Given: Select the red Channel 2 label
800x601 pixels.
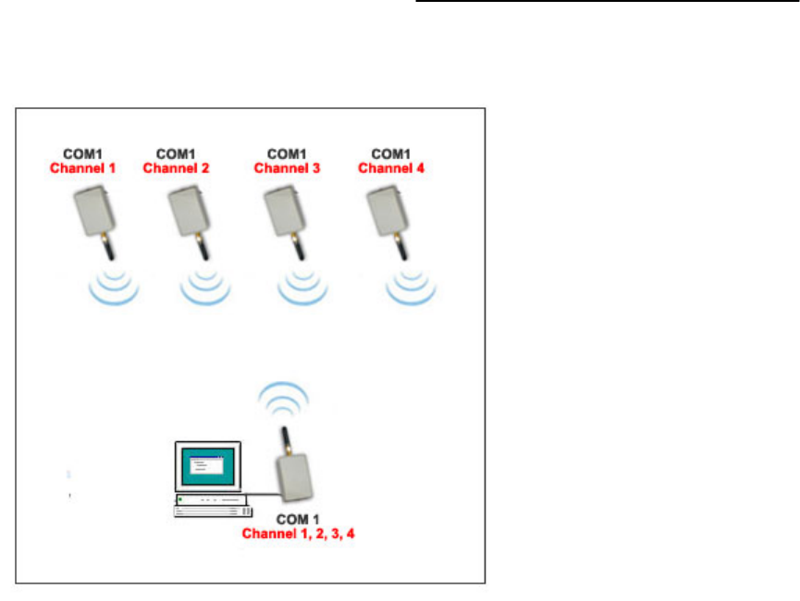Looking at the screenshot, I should click(176, 167).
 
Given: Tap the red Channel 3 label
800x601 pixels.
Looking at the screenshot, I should click(287, 167).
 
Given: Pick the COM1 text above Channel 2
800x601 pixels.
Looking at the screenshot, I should click(176, 153).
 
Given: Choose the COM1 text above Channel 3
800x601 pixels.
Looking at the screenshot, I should click(287, 153).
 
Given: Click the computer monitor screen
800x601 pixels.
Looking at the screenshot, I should click(207, 467).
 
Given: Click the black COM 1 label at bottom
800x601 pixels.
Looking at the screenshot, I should click(299, 520).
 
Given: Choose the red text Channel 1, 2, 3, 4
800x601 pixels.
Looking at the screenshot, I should click(298, 534).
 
